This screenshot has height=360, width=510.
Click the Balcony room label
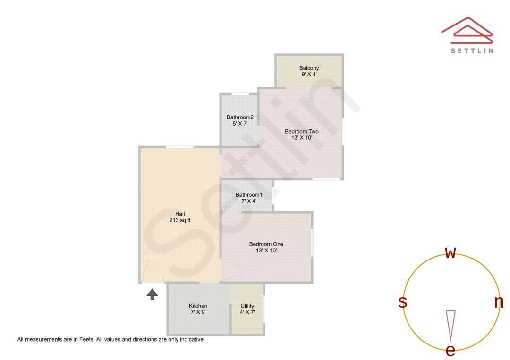[x=309, y=68]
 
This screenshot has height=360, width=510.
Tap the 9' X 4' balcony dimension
[x=309, y=75]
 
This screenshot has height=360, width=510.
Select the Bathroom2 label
[x=240, y=117]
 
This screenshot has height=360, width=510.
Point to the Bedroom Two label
[x=301, y=131]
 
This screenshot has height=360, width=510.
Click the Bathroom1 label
[x=249, y=194]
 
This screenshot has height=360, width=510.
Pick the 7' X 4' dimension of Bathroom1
[x=249, y=201]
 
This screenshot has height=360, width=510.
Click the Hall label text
[x=180, y=214]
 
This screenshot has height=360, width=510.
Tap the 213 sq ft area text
[x=180, y=220]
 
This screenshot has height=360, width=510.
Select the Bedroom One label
[x=266, y=244]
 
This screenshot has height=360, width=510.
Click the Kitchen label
[x=198, y=306]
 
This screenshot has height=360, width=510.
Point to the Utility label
[x=247, y=306]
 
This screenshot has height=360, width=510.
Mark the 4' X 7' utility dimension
[x=247, y=312]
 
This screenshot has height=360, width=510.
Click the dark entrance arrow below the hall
[x=152, y=294]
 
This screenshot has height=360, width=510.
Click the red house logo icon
[x=467, y=30]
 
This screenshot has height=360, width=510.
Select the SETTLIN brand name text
[x=472, y=50]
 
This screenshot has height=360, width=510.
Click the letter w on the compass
[x=450, y=253]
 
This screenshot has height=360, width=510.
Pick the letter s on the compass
[x=403, y=302]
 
